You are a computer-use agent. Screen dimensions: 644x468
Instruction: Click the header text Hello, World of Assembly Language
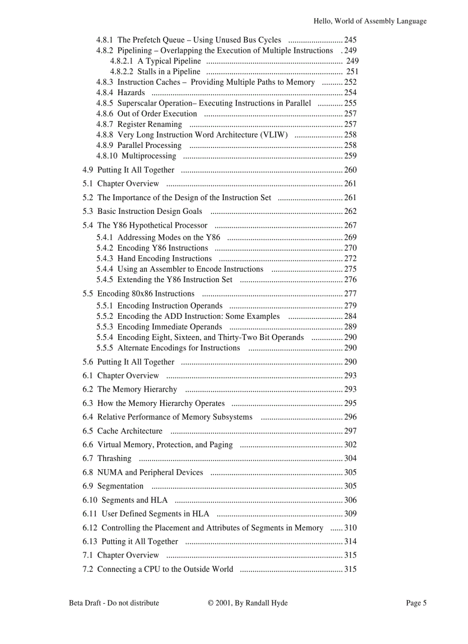click(x=370, y=21)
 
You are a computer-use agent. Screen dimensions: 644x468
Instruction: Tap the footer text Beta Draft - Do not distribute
click(x=114, y=603)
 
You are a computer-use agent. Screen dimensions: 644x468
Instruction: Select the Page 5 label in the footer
click(x=416, y=603)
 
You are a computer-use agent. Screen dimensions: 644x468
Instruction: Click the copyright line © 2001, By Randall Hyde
click(x=248, y=603)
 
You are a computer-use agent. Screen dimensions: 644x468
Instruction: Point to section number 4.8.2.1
click(x=122, y=61)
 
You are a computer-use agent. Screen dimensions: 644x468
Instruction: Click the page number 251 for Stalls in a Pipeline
click(x=352, y=72)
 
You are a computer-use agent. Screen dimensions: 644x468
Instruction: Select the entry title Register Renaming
click(x=150, y=124)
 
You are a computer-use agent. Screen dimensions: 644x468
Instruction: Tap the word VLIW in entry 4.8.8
click(x=274, y=135)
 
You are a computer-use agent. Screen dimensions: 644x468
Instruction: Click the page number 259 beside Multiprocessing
click(x=350, y=156)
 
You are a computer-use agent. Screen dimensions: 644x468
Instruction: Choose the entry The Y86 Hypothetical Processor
click(x=152, y=225)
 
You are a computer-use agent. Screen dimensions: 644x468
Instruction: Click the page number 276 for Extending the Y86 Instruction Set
click(x=350, y=280)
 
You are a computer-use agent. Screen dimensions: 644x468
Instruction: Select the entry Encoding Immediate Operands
click(x=169, y=327)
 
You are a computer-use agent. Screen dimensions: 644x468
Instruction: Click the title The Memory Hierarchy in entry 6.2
click(x=137, y=389)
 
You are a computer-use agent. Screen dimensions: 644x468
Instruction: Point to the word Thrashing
click(x=114, y=458)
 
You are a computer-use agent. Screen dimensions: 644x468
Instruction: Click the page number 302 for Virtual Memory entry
click(x=350, y=444)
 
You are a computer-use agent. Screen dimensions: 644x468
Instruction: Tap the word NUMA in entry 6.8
click(x=110, y=473)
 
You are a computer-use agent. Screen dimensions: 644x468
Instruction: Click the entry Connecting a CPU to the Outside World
click(x=165, y=569)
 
